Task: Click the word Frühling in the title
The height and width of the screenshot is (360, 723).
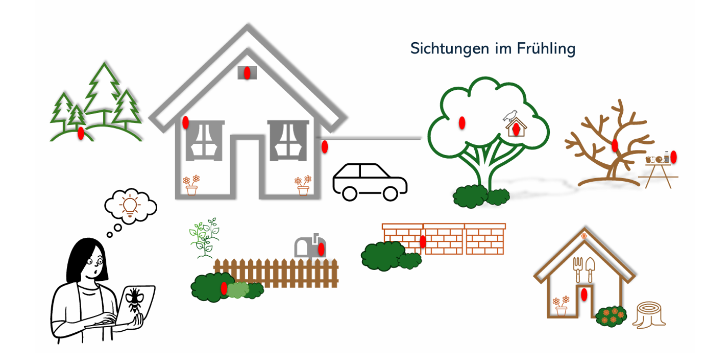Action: click(x=546, y=49)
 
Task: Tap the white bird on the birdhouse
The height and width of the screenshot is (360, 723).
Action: click(x=511, y=116)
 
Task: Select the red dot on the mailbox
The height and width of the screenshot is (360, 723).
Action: click(x=321, y=249)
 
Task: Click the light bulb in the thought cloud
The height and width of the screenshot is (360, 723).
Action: click(x=130, y=205)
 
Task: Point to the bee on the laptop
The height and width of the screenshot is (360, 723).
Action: click(x=135, y=300)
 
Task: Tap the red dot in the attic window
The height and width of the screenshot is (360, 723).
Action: click(x=247, y=73)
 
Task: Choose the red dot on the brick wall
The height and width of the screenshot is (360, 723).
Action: click(x=423, y=241)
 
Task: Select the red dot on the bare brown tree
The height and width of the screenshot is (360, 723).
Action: click(x=615, y=145)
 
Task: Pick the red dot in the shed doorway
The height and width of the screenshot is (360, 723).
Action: click(x=584, y=294)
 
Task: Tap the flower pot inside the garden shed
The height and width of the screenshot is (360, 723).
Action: click(x=561, y=306)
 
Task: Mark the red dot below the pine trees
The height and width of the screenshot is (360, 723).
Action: click(x=81, y=133)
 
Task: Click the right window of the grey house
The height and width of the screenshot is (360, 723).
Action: click(x=288, y=141)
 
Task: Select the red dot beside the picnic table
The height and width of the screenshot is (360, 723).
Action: click(x=674, y=157)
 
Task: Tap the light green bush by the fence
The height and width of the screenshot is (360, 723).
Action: click(x=238, y=290)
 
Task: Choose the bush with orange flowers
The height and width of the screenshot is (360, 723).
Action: click(x=611, y=316)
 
